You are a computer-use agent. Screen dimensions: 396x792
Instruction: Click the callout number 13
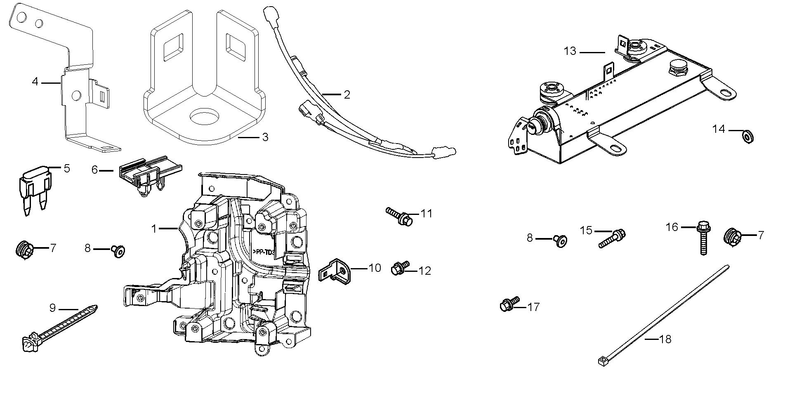click(x=570, y=52)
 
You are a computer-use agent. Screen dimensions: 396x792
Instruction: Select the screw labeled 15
click(x=612, y=238)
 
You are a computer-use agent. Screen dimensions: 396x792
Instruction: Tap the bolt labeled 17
click(x=509, y=304)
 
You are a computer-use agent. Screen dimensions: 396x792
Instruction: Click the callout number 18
click(x=665, y=339)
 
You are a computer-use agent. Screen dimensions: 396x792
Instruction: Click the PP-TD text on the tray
click(x=263, y=251)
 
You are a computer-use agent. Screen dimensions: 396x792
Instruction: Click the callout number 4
click(x=35, y=82)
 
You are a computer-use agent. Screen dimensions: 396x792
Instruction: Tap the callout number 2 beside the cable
click(x=346, y=94)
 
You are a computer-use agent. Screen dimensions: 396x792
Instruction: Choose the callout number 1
click(x=154, y=229)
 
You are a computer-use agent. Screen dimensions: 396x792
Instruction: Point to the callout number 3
click(x=265, y=137)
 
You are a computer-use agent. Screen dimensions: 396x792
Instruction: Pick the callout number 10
click(x=375, y=268)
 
